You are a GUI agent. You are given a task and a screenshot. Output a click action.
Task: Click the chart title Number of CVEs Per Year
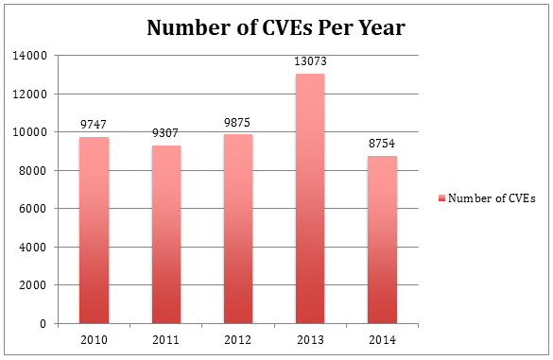(276, 27)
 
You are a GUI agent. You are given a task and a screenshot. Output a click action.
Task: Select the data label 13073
(310, 62)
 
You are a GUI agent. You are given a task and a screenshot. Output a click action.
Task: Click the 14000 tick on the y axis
(32, 56)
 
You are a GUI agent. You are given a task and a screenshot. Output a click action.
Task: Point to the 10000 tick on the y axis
(32, 132)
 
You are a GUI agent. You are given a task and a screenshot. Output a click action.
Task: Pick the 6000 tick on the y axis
(35, 209)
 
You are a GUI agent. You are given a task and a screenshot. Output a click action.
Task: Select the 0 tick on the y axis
(43, 324)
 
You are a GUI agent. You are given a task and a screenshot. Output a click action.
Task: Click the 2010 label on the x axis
(94, 339)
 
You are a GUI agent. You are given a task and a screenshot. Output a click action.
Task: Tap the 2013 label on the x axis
(310, 339)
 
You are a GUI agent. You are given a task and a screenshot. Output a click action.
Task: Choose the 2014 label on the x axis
(382, 339)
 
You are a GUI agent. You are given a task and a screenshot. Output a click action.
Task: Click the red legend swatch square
(441, 198)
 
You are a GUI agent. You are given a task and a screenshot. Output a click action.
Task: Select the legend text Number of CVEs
(493, 198)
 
